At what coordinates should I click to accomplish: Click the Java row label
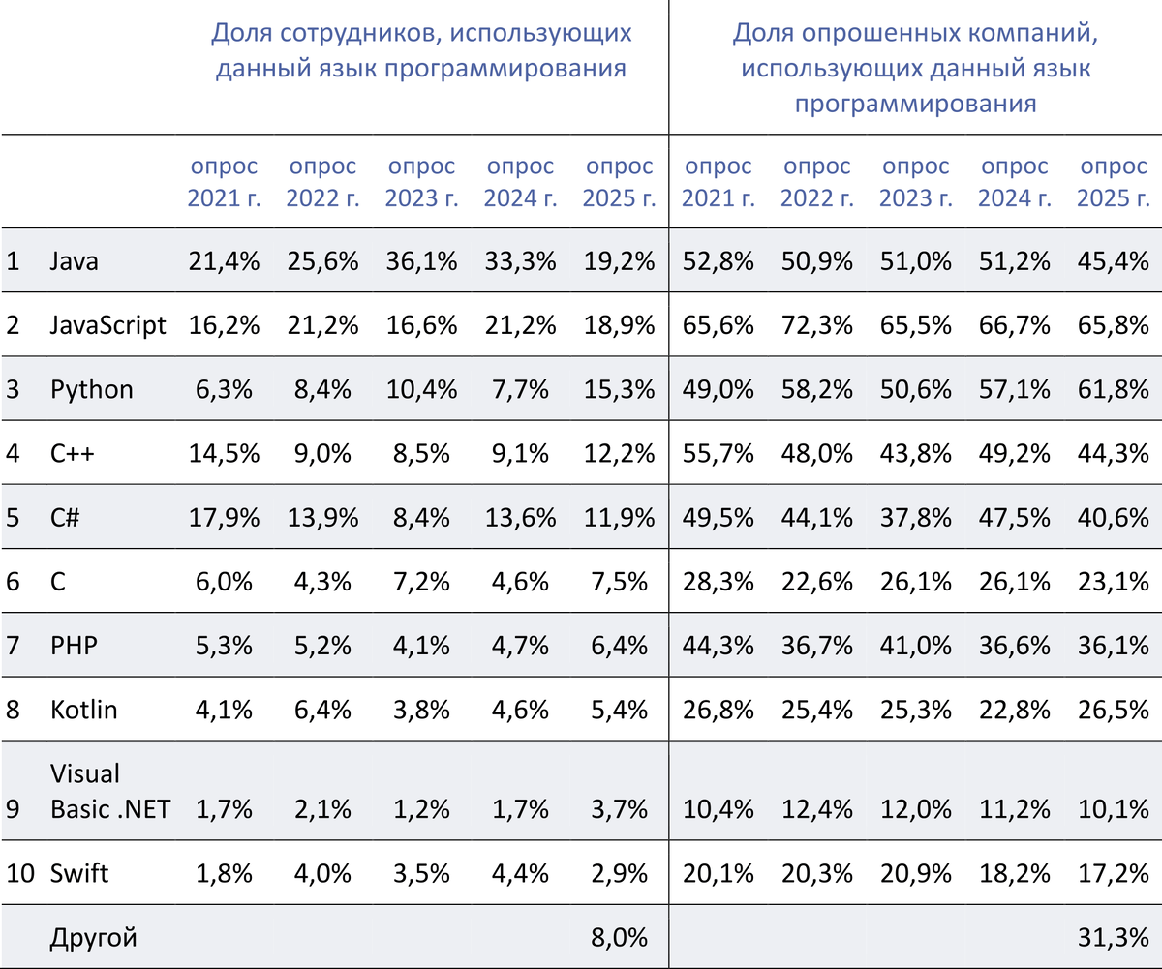tap(74, 261)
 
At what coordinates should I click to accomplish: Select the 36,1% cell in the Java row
tap(421, 261)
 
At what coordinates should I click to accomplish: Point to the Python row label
tap(92, 389)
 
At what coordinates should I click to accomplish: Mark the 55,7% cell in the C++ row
tap(718, 453)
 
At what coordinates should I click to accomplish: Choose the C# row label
tap(66, 517)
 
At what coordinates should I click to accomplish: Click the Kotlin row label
tap(84, 710)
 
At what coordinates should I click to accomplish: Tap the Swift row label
tap(79, 874)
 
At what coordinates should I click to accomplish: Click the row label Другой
tap(94, 937)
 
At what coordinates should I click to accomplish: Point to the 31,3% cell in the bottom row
tap(1113, 937)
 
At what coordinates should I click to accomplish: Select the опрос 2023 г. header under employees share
tap(421, 183)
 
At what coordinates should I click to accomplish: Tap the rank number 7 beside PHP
tap(13, 646)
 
